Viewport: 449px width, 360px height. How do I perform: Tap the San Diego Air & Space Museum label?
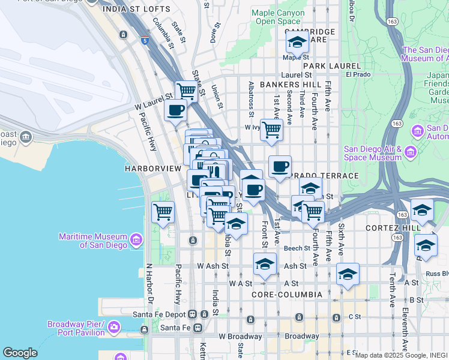(x=372, y=153)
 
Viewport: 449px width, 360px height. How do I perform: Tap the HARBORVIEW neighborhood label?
(x=152, y=169)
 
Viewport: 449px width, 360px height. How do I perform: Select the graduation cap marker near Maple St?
(x=297, y=43)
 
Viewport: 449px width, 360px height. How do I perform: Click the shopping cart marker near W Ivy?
(x=272, y=129)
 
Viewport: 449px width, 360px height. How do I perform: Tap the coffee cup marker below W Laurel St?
(x=176, y=110)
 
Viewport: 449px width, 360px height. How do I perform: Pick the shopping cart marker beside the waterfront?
(x=163, y=211)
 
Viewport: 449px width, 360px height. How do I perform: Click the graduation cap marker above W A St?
(x=265, y=263)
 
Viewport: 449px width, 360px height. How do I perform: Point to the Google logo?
(x=20, y=353)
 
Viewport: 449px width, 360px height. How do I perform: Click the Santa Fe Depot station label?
(x=160, y=314)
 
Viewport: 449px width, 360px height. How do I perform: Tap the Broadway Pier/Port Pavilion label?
(x=76, y=328)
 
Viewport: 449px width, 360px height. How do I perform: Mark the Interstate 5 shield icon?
(x=145, y=40)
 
